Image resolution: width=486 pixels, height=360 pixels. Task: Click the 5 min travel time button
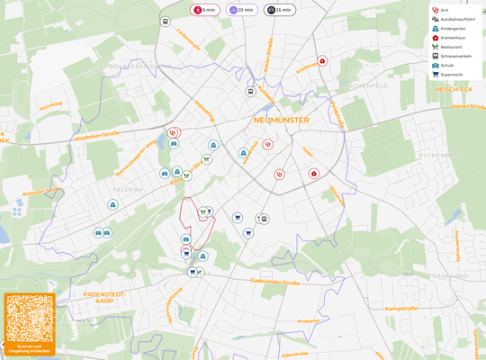pos(204,10)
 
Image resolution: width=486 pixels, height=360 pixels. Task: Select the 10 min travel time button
pos(241,10)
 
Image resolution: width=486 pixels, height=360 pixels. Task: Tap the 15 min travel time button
pos(279,10)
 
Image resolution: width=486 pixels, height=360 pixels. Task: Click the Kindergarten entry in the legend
pos(452,28)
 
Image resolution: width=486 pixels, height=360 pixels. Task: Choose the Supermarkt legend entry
pos(451,75)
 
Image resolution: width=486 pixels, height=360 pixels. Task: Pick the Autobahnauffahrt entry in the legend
pos(456,19)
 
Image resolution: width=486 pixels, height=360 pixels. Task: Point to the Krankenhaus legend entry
pos(452,38)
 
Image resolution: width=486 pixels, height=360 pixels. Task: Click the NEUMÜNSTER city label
pos(281,120)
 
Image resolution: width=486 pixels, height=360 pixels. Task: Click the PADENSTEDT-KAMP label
pos(103,298)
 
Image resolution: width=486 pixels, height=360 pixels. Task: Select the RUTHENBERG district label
pos(439,155)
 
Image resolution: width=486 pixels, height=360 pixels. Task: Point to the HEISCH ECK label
pos(453,90)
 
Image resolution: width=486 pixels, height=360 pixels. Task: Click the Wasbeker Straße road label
pos(97,136)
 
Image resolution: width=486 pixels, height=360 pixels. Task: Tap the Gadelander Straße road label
pos(275,282)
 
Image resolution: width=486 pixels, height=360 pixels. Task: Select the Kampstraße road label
pos(403,309)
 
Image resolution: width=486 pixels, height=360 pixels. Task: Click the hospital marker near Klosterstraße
pos(322,61)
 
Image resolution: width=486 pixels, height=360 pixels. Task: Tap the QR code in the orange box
pos(30,318)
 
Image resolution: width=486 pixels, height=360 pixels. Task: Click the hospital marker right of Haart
pos(313,173)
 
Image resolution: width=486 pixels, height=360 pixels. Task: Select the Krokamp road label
pos(308,320)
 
